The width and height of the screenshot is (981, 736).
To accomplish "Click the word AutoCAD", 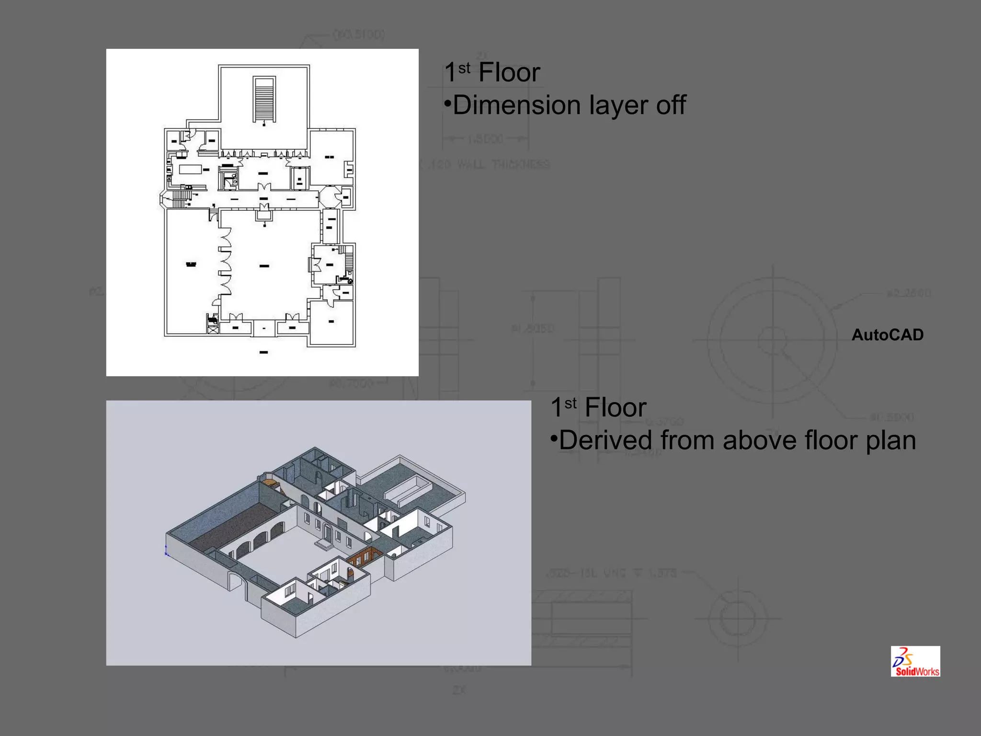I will pos(887,335).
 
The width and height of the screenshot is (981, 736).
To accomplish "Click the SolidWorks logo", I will pos(915,661).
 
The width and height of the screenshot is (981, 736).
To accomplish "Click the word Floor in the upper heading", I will pos(509,73).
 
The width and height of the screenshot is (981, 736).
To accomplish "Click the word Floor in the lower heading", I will pos(616,408).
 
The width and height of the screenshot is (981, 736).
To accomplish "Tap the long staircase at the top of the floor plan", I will pos(264,100).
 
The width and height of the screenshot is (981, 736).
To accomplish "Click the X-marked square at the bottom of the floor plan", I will pos(213,330).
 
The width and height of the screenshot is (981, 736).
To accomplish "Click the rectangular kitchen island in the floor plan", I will pos(190,169).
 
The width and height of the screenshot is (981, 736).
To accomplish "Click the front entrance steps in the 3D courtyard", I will pos(324,544).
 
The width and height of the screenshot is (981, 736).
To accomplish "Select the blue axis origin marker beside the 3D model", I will pos(166,551).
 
